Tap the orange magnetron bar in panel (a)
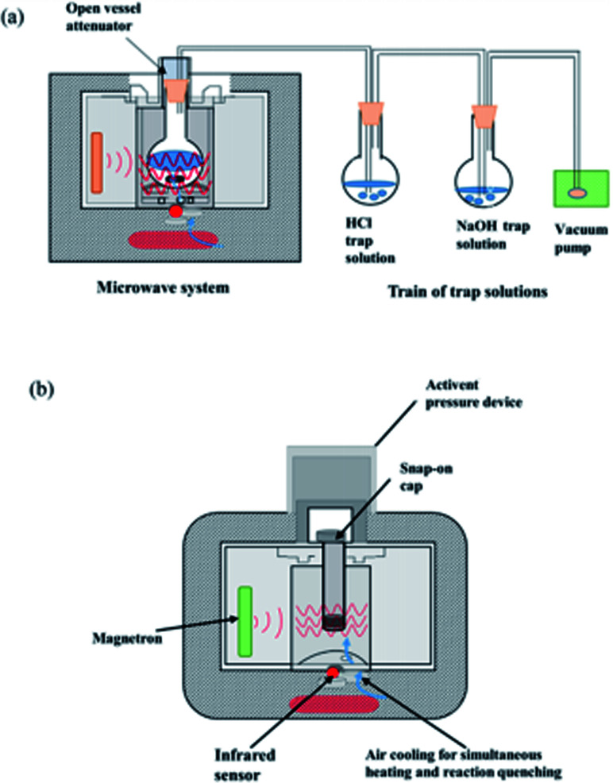[x=98, y=163]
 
